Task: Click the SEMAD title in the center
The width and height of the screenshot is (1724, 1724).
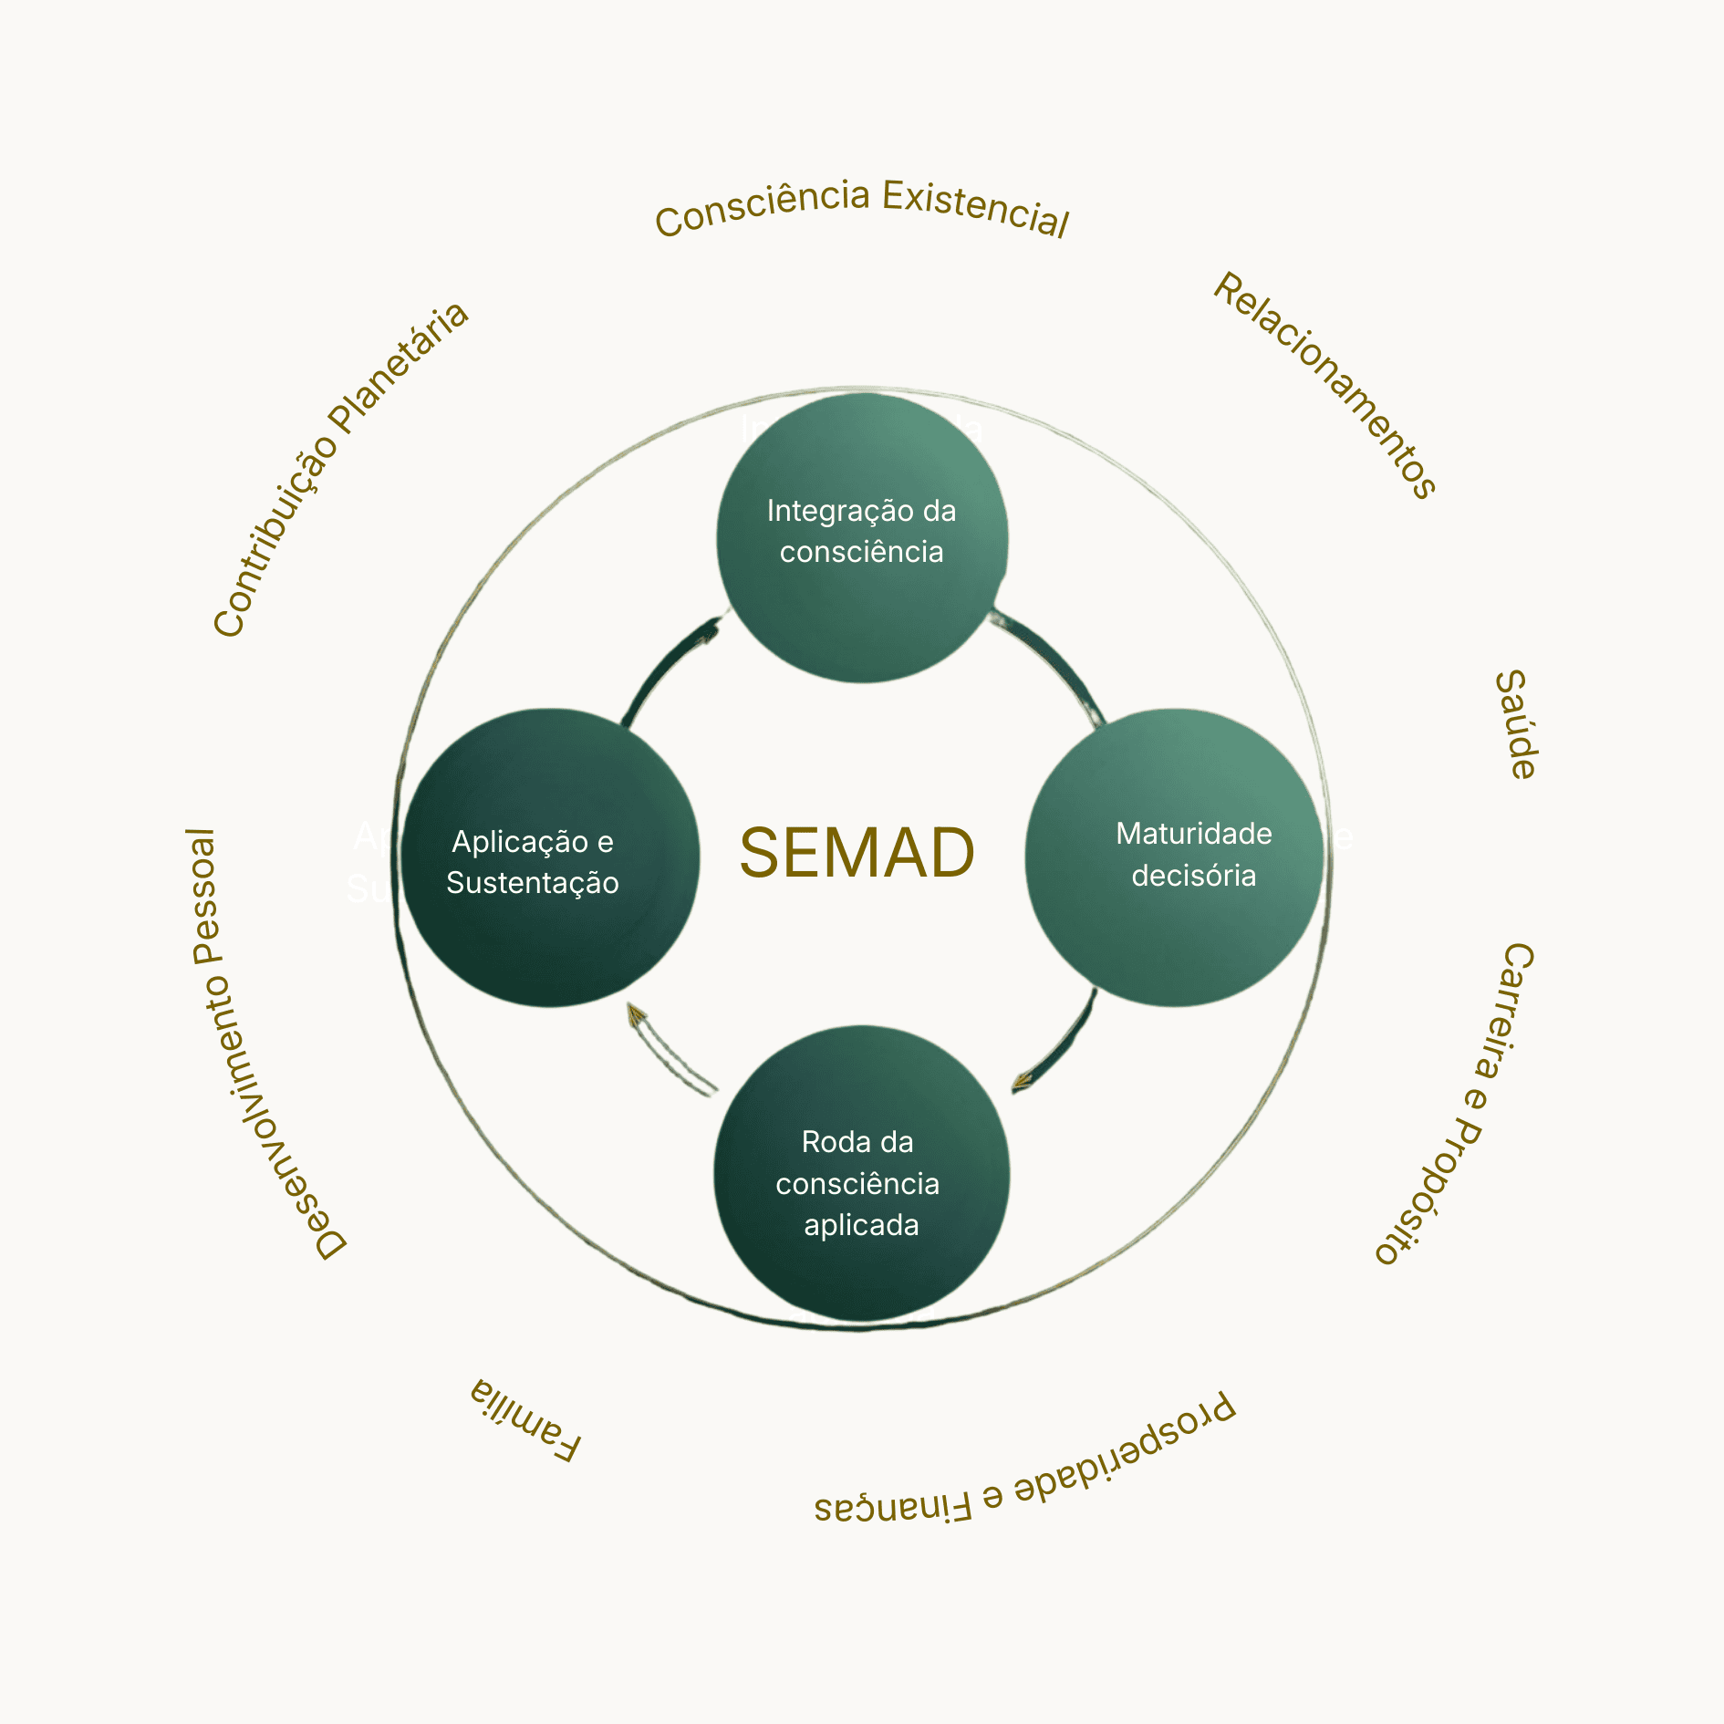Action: coord(857,854)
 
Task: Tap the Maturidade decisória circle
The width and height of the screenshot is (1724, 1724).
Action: coord(1175,857)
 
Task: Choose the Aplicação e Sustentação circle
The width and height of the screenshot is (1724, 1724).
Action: coord(550,858)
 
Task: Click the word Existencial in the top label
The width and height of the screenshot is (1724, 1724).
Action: coord(975,208)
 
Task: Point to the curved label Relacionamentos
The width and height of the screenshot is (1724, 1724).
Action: coord(1325,384)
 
